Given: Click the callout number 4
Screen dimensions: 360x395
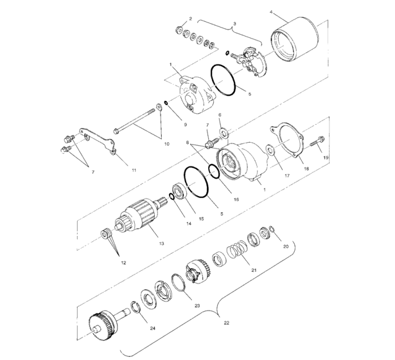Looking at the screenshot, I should coord(271,12).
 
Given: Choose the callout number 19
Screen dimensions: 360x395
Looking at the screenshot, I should coord(326,157).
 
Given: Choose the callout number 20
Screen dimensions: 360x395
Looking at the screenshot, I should coord(286,246).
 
